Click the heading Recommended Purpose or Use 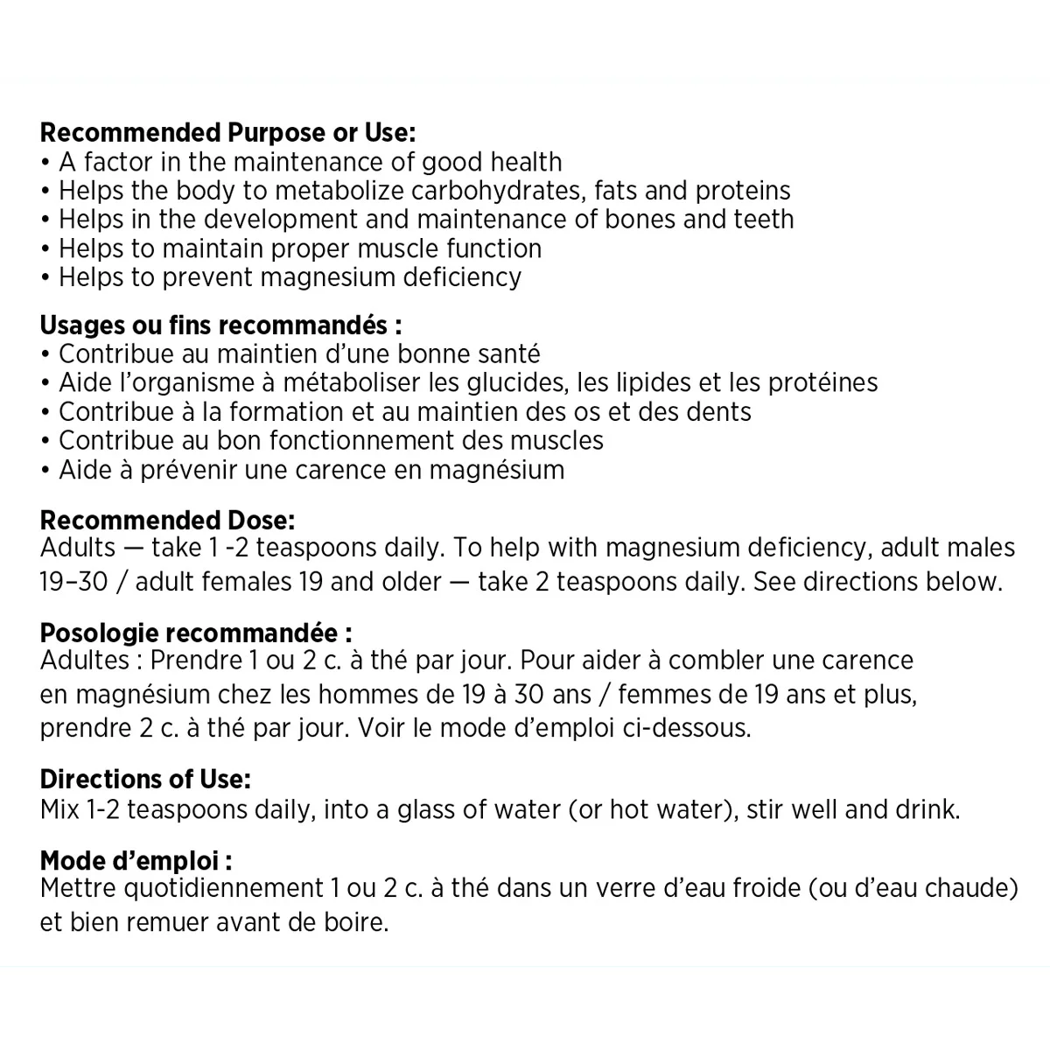click(227, 133)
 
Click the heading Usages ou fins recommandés click(220, 325)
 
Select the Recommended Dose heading click(167, 520)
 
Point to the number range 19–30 click(69, 582)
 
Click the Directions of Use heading click(145, 779)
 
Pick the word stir click(766, 809)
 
